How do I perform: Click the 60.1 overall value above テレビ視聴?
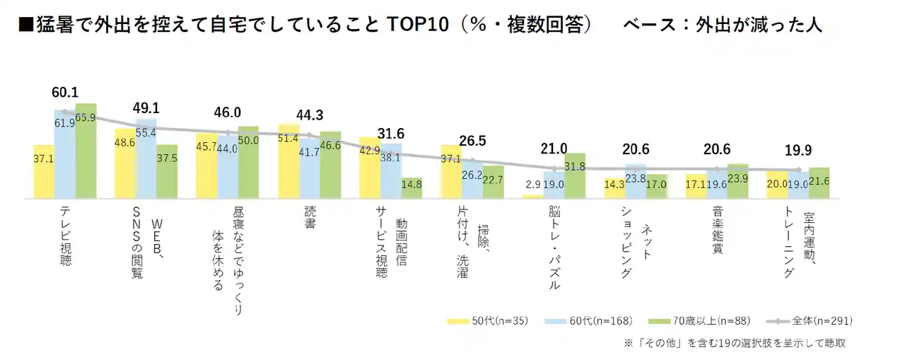pyautogui.click(x=64, y=93)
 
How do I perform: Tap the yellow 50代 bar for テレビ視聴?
pyautogui.click(x=44, y=171)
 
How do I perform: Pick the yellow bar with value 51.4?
pyautogui.click(x=288, y=161)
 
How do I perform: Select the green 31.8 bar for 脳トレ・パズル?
pyautogui.click(x=575, y=175)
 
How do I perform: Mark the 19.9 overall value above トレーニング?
pyautogui.click(x=798, y=151)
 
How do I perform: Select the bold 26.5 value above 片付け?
pyautogui.click(x=472, y=141)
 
